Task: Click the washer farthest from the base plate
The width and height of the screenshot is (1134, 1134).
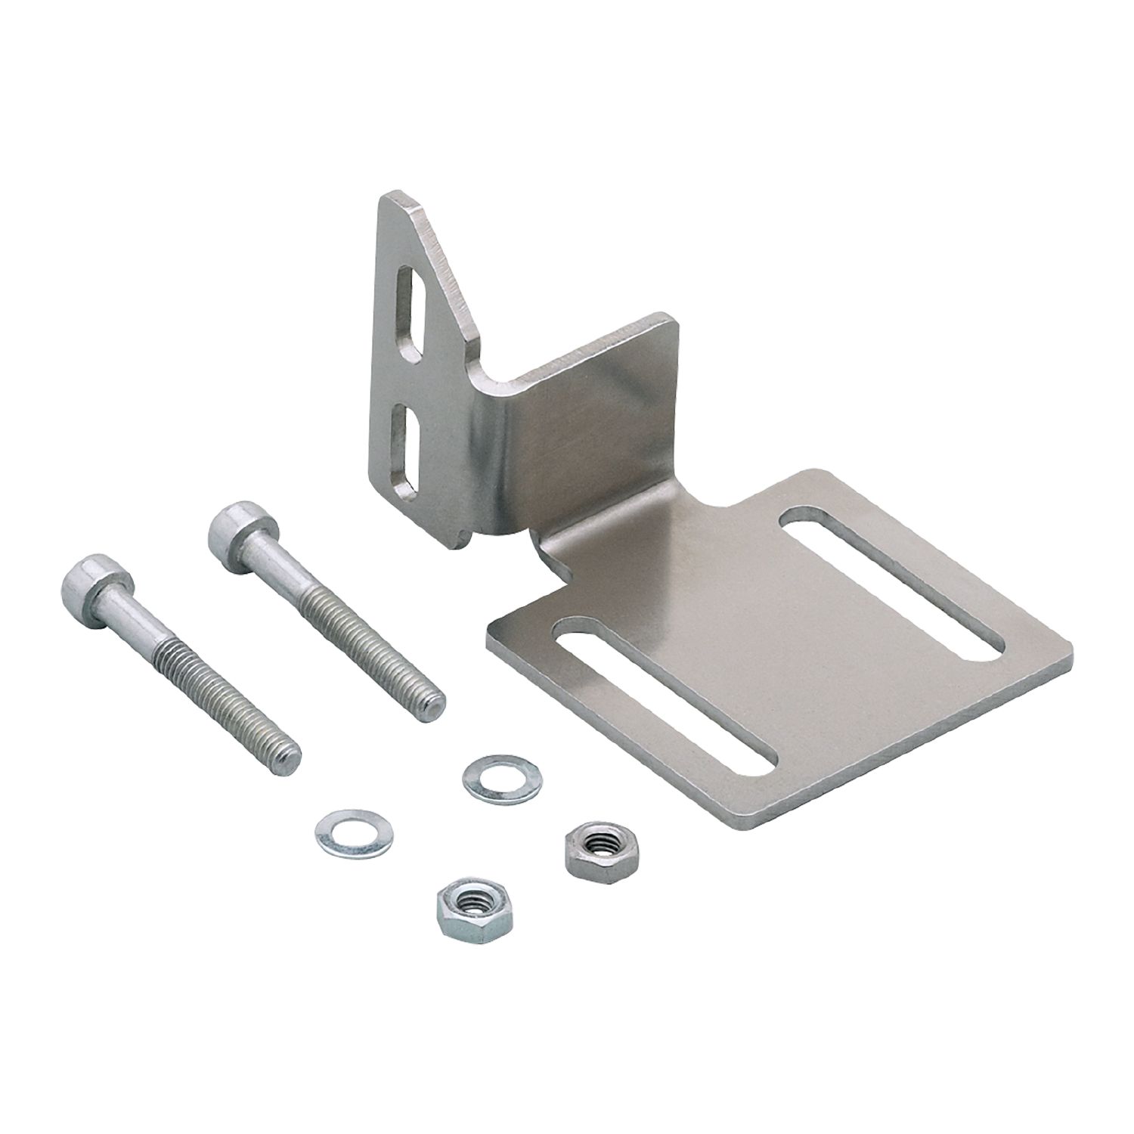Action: tap(339, 830)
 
